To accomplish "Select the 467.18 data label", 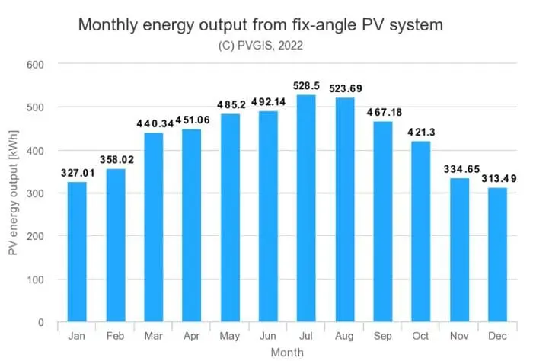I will click(381, 113).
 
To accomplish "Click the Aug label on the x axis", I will click(343, 336).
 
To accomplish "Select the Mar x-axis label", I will click(153, 336).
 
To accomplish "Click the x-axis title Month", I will click(286, 352).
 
